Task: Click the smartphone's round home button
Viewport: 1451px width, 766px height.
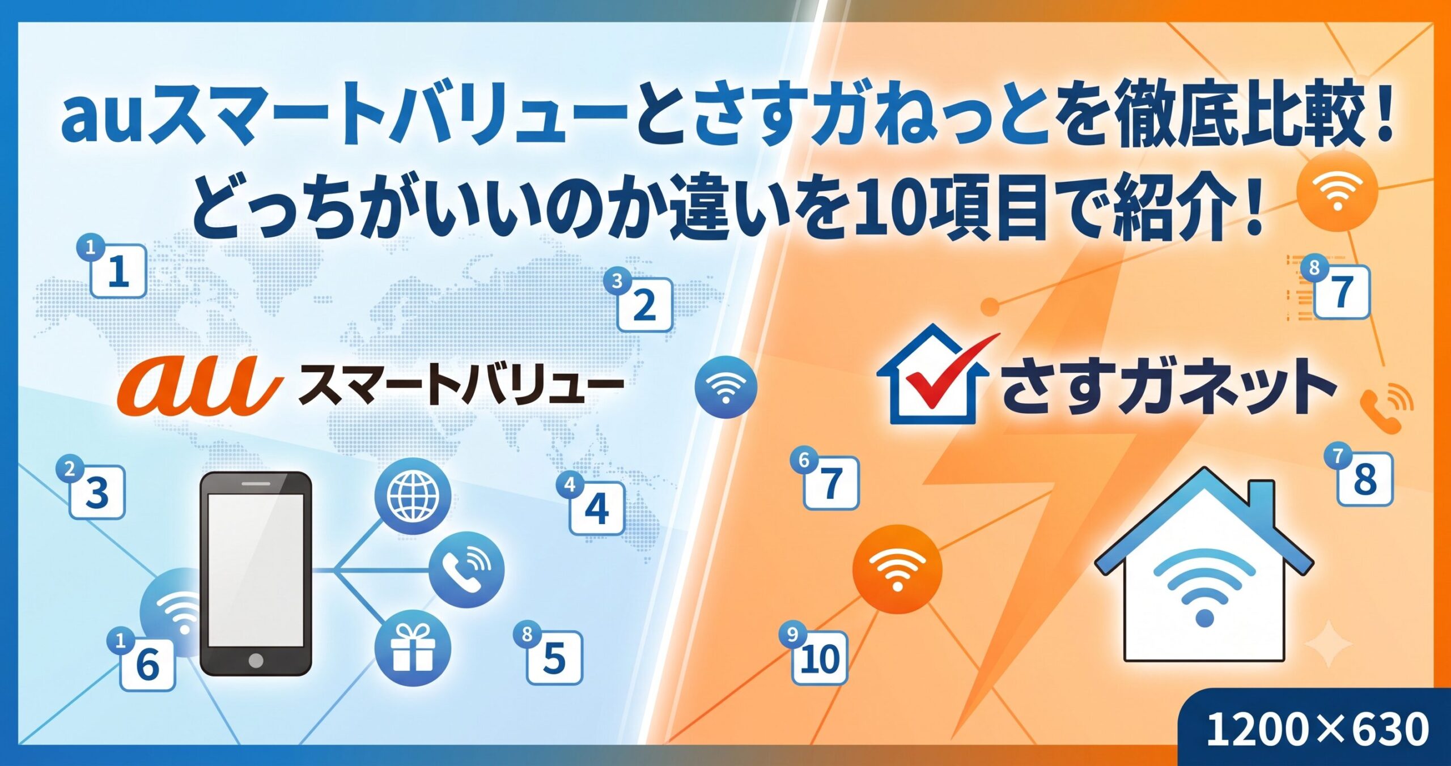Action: click(x=256, y=661)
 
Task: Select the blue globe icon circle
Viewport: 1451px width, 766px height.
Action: click(x=413, y=496)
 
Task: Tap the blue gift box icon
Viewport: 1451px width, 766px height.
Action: click(x=413, y=648)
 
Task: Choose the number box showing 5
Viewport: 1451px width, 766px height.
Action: click(x=555, y=657)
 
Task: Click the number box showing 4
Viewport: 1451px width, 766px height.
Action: click(x=597, y=508)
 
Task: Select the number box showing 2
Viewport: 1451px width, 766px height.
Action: click(x=644, y=305)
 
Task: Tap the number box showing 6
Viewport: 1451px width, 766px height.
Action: click(x=147, y=664)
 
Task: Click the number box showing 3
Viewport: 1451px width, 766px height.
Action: click(x=97, y=492)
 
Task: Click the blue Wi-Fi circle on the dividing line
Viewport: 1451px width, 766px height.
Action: click(x=725, y=387)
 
